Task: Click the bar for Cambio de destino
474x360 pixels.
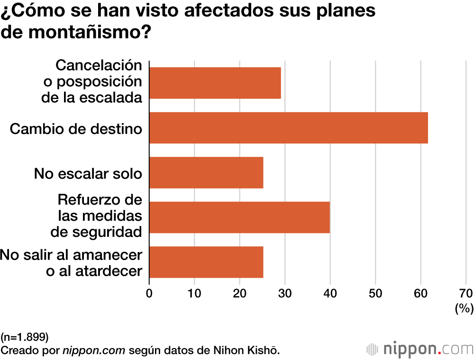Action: (288, 127)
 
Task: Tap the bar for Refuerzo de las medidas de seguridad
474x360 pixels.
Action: (239, 217)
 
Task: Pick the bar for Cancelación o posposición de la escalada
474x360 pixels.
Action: (215, 83)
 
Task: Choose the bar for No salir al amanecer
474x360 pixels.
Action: (206, 262)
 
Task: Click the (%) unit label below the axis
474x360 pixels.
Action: (464, 309)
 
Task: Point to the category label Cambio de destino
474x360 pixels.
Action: (76, 128)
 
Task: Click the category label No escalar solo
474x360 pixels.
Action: (88, 173)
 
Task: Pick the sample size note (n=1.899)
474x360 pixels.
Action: (25, 337)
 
